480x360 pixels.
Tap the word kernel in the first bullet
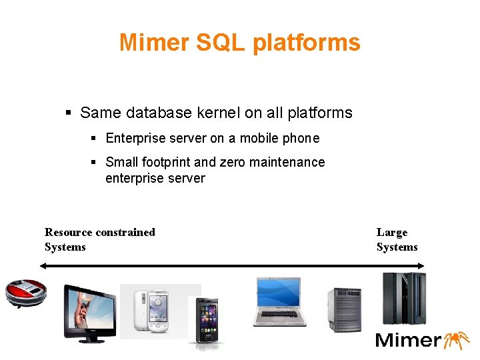pyautogui.click(x=219, y=113)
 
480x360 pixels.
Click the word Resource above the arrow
pyautogui.click(x=68, y=232)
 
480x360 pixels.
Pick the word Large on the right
pyautogui.click(x=392, y=232)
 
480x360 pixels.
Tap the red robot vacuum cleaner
pyautogui.click(x=26, y=292)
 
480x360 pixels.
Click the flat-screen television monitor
pyautogui.click(x=89, y=312)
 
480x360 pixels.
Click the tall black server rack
pyautogui.click(x=403, y=297)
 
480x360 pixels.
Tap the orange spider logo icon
pyautogui.click(x=456, y=339)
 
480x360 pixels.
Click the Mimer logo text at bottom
pyautogui.click(x=408, y=340)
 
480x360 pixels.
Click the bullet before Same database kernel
pyautogui.click(x=69, y=113)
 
